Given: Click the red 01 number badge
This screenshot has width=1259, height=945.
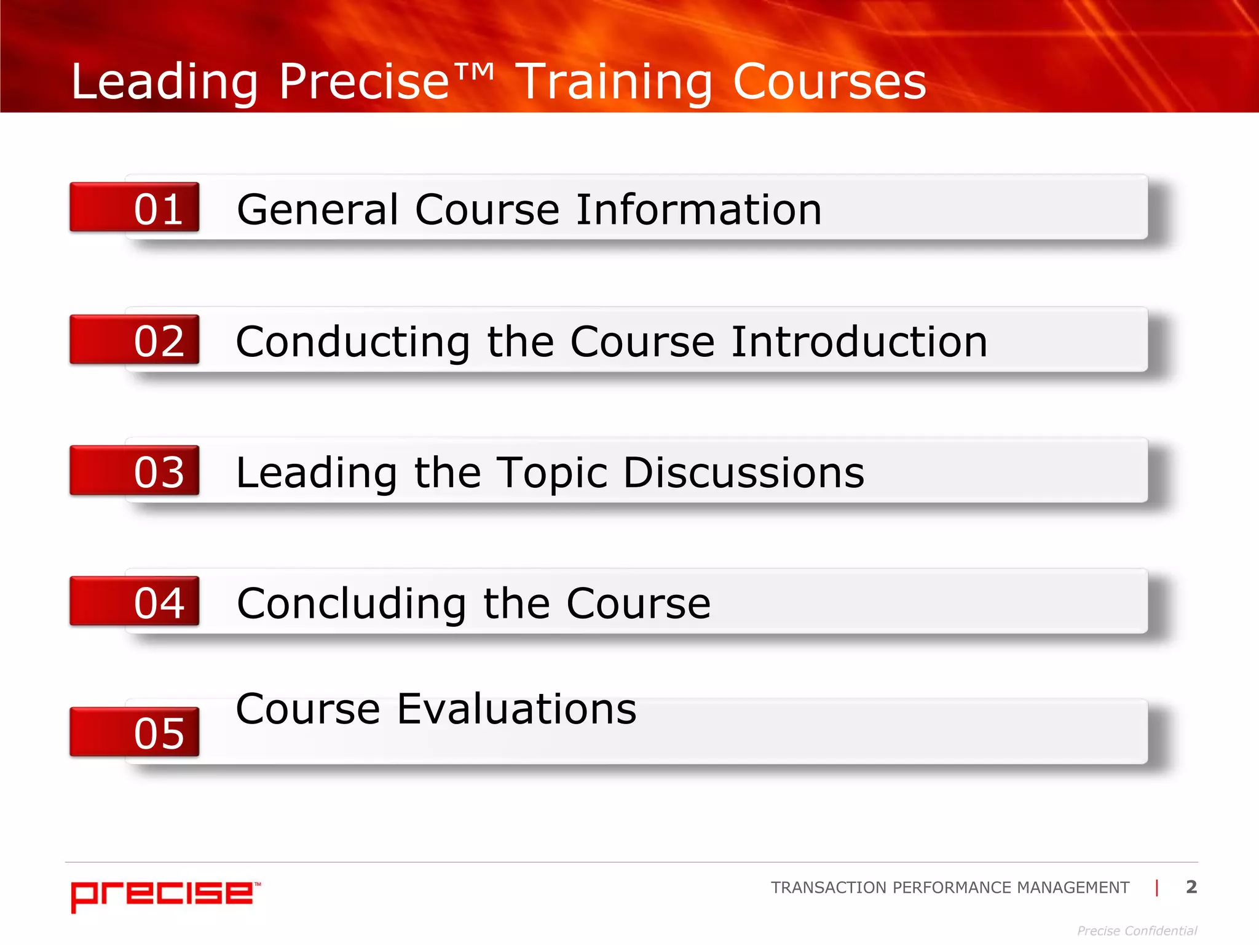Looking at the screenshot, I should [x=135, y=207].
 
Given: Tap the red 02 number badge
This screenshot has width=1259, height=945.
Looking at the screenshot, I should [x=135, y=340].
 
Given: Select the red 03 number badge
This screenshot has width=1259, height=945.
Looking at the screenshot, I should [x=135, y=471].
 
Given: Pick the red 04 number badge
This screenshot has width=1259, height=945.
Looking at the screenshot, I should [x=135, y=601].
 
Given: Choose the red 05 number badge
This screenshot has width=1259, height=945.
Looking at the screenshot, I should [x=135, y=732].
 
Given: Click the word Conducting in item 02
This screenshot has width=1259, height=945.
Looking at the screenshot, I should [x=353, y=342].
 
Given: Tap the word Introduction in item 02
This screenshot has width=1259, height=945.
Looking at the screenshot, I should [x=859, y=342].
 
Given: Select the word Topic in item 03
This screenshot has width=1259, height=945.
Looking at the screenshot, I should [x=551, y=473].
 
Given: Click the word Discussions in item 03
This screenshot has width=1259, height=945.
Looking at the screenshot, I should [x=743, y=473].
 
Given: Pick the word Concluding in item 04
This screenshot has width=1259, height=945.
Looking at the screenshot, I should [x=351, y=604].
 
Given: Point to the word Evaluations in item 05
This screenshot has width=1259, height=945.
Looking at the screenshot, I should [x=516, y=709].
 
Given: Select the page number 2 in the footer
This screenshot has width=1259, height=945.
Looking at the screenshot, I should [x=1191, y=887].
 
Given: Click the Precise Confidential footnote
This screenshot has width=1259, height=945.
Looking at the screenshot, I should [x=1137, y=931].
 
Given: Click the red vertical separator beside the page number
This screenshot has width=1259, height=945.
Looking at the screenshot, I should [x=1157, y=887].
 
